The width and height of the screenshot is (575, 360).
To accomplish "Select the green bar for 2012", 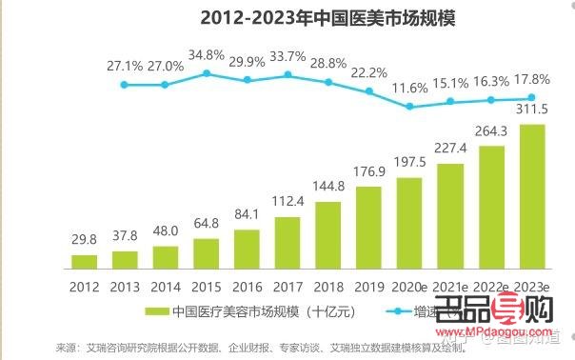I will (x=85, y=261).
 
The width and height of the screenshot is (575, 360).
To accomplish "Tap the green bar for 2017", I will (x=288, y=243).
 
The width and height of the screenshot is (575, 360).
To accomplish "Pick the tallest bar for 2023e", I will (x=533, y=196).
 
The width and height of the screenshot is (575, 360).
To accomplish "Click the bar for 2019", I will (x=369, y=227).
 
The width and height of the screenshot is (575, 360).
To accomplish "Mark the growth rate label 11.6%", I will (x=410, y=88).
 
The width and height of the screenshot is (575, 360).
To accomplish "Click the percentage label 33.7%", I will (x=288, y=54).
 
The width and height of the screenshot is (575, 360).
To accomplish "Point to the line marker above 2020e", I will (x=410, y=107).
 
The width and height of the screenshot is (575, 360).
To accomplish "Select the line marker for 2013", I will (x=125, y=85).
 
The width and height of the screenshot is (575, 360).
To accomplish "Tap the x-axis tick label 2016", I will (x=248, y=284).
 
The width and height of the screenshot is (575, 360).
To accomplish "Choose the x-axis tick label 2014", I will (x=166, y=284).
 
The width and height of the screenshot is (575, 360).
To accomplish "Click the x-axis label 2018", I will (x=328, y=284).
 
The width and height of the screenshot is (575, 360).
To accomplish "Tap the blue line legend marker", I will (x=392, y=310).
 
